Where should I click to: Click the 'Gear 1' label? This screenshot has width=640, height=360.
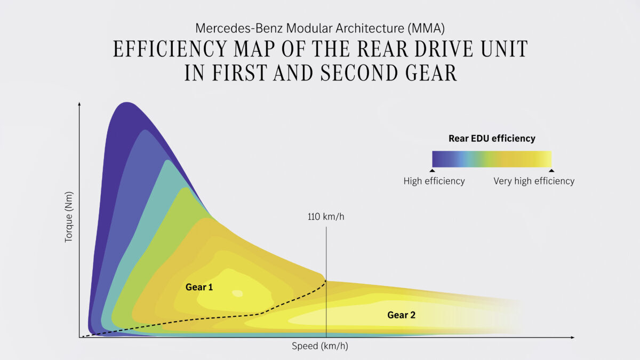point(199,287)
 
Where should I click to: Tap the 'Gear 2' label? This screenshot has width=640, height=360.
point(401,315)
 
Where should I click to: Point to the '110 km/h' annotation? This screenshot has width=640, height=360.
point(323,217)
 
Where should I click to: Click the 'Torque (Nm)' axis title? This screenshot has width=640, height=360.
point(69,217)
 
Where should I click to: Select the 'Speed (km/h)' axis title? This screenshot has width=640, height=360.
point(320,346)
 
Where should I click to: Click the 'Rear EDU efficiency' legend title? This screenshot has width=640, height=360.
point(492,138)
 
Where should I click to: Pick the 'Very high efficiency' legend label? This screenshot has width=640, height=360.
point(534,181)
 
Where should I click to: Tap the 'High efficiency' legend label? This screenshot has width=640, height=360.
point(434,181)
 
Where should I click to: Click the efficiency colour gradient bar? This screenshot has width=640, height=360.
point(492,159)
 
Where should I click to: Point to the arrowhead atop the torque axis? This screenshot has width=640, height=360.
point(79,102)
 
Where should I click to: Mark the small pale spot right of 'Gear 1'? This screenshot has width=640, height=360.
point(237,293)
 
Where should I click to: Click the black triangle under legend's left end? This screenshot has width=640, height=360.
point(432,170)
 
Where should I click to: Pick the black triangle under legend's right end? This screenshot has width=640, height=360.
point(551,170)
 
